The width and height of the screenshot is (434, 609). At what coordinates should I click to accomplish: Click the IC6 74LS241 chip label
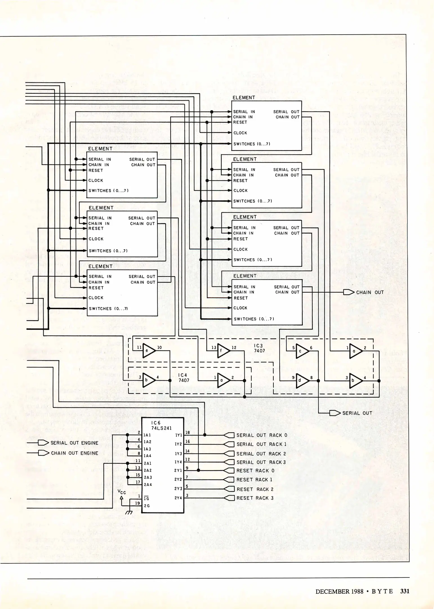161,425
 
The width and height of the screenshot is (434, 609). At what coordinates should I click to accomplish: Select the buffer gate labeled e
148,350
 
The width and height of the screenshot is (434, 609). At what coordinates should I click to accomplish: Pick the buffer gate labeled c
302,351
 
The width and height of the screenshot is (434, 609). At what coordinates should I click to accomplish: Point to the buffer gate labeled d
302,380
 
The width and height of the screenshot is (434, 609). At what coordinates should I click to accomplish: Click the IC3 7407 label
259,348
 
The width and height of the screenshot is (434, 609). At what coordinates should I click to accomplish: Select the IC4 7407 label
184,378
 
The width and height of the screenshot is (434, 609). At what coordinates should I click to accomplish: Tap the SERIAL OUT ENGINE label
74,443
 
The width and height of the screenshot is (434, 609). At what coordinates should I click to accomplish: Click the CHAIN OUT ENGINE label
75,453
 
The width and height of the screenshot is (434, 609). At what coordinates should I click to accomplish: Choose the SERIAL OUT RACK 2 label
261,454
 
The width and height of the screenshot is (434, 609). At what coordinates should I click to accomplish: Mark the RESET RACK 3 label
255,498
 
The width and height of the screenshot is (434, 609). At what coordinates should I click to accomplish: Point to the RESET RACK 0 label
255,471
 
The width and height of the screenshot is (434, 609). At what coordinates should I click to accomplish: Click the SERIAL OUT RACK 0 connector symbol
229,435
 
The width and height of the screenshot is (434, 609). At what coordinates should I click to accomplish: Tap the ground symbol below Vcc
129,512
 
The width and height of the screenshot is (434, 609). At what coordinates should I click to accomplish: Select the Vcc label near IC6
122,492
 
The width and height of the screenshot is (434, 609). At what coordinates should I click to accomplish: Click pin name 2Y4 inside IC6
178,498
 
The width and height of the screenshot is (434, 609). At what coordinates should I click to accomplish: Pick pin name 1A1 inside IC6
147,435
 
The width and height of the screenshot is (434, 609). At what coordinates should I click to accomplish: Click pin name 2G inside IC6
147,506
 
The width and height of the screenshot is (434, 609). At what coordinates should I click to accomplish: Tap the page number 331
405,591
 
